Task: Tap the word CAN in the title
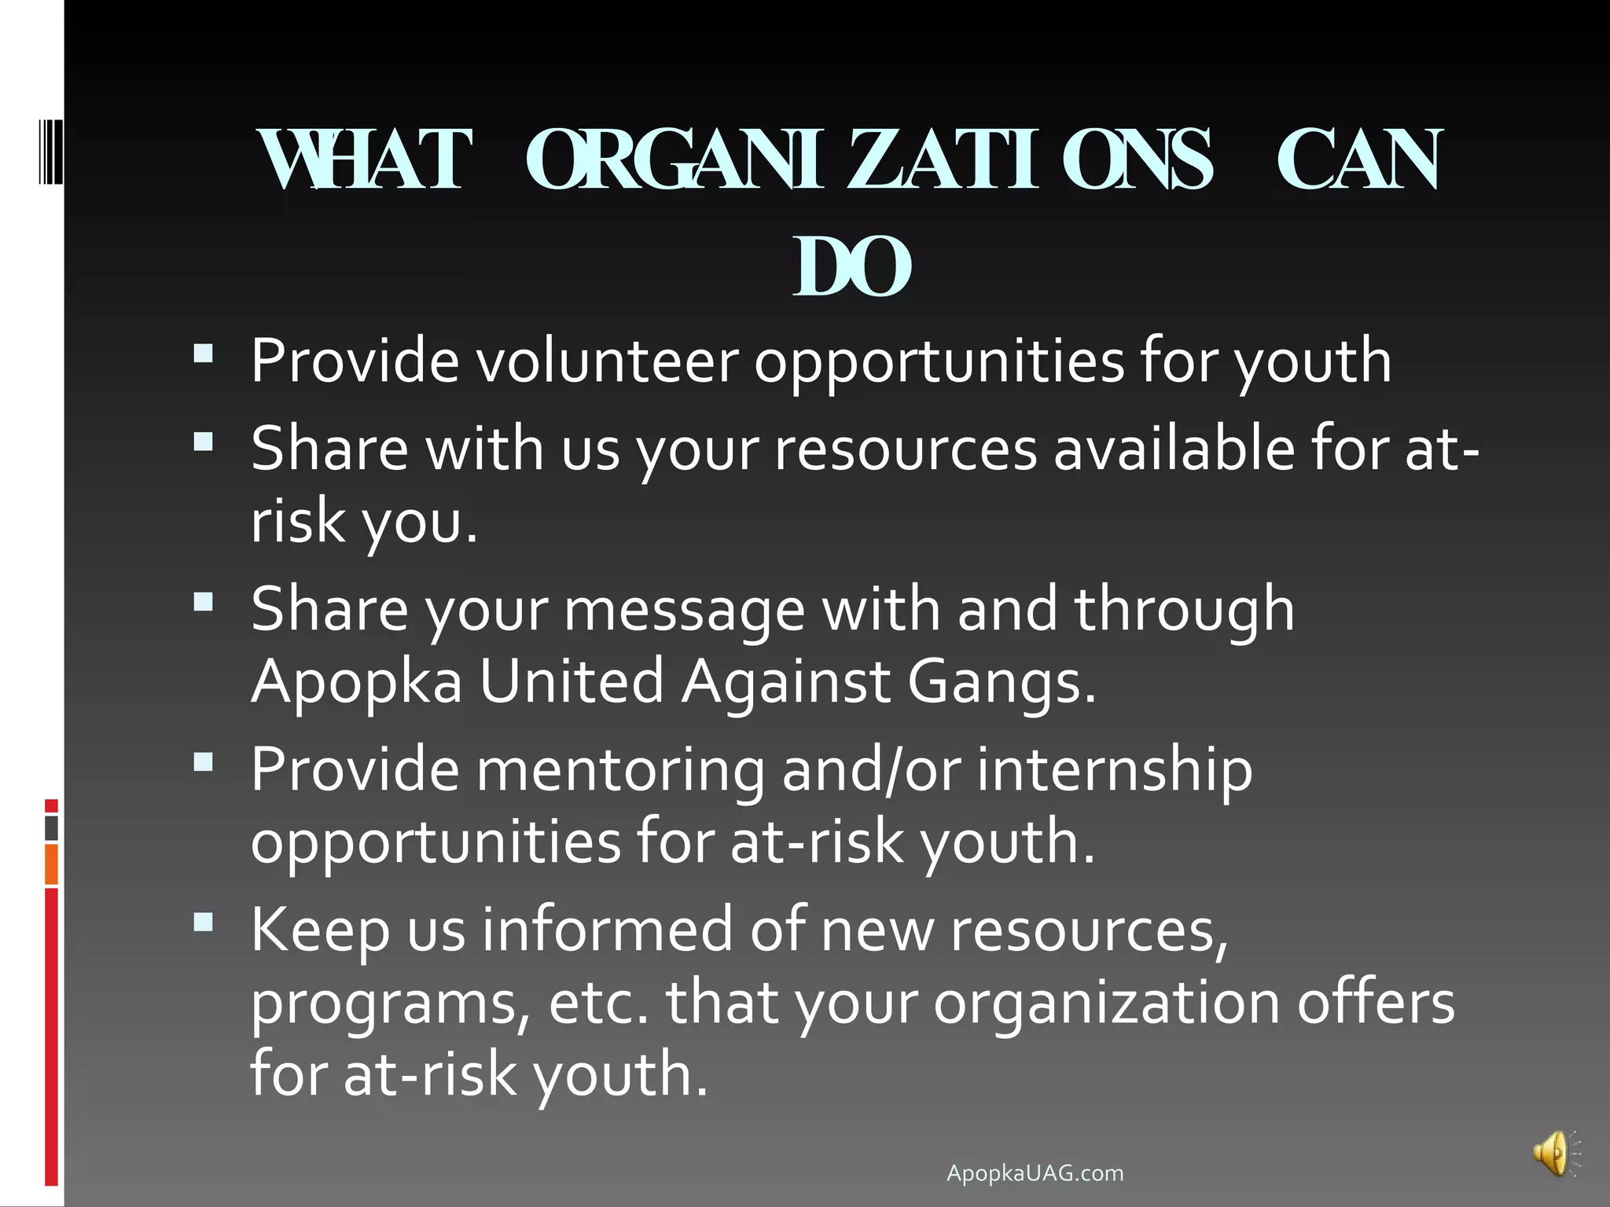click(1359, 160)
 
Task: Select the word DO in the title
click(852, 267)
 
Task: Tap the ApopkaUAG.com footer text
click(1035, 1173)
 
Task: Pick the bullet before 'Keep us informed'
click(204, 921)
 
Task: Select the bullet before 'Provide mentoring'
click(204, 761)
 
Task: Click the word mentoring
click(620, 769)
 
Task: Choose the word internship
click(1114, 769)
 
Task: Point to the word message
click(685, 610)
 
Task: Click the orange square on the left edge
click(51, 864)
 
